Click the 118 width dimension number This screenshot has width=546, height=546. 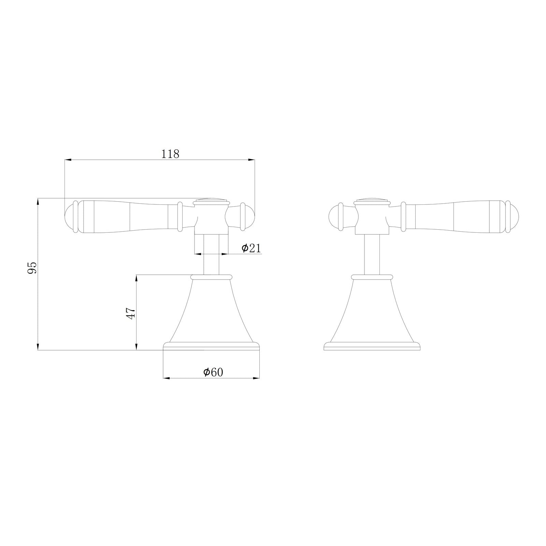point(170,154)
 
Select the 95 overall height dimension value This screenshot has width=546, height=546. point(32,268)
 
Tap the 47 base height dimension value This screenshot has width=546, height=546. point(131,312)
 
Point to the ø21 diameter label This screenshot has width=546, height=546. point(251,248)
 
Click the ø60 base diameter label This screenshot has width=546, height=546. point(213,372)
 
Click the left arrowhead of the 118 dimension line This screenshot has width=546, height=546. point(68,159)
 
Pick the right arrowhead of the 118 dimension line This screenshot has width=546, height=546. point(252,159)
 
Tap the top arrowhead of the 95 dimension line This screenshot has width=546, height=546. point(38,201)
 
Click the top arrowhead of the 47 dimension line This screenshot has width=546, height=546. point(136,277)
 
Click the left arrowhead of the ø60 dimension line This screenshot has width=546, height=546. point(167,378)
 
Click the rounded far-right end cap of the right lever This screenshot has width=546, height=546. point(515,217)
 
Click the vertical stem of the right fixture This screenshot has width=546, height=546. point(372,254)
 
